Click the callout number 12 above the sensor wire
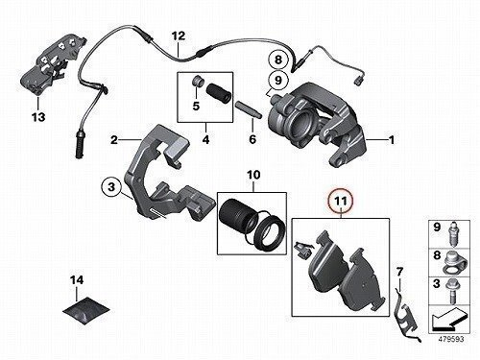pyautogui.click(x=179, y=36)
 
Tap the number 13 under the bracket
pyautogui.click(x=38, y=117)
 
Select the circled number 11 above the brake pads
pyautogui.click(x=341, y=202)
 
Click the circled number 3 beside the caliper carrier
pyautogui.click(x=111, y=186)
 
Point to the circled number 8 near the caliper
pyautogui.click(x=278, y=60)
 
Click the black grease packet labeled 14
pyautogui.click(x=86, y=310)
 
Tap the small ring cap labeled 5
pyautogui.click(x=196, y=82)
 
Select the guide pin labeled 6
pyautogui.click(x=249, y=109)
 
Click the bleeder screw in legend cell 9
pyautogui.click(x=453, y=233)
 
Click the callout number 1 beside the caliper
pyautogui.click(x=392, y=140)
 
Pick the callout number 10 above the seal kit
pyautogui.click(x=253, y=175)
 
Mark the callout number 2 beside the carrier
pyautogui.click(x=114, y=140)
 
